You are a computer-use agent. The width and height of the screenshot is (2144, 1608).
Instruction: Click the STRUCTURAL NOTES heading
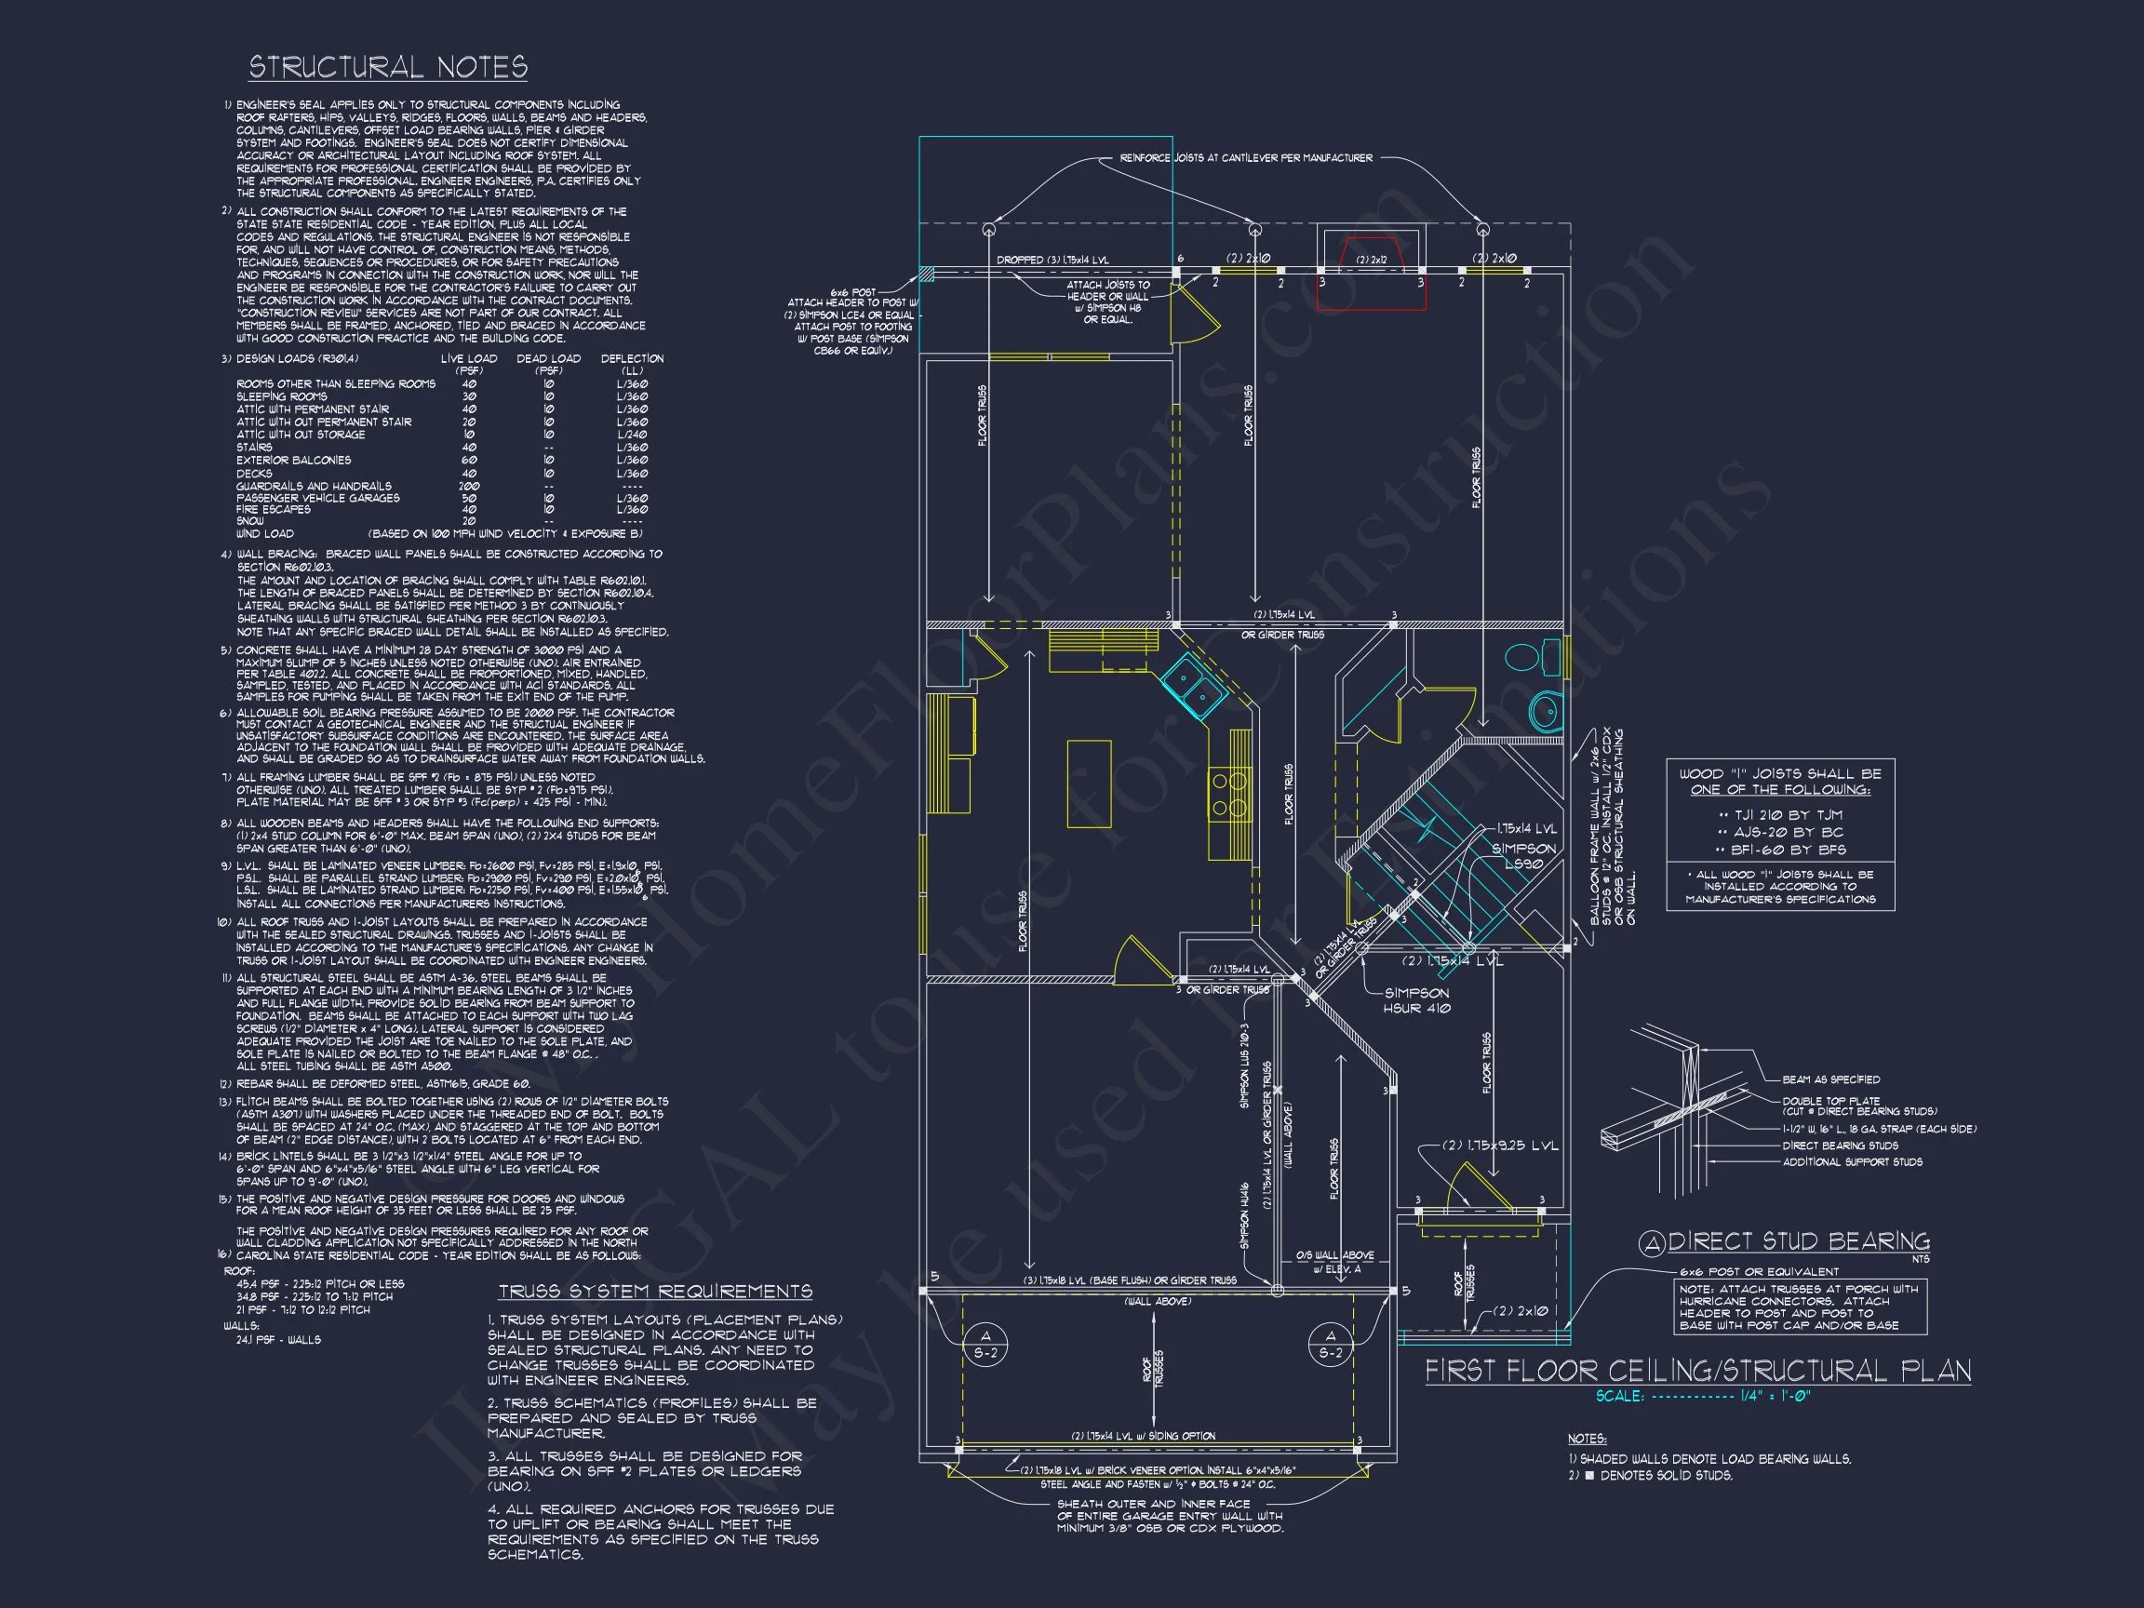click(x=388, y=67)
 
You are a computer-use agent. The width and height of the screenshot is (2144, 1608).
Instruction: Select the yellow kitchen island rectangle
click(x=1089, y=784)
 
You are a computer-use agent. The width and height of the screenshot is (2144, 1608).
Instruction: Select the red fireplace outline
click(x=1371, y=275)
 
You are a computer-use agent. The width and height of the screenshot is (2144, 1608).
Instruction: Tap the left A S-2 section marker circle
click(x=985, y=1344)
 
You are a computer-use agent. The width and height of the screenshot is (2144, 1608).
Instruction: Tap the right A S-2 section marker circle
click(x=1331, y=1344)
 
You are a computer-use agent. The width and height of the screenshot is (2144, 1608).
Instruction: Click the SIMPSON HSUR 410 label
click(x=1416, y=1000)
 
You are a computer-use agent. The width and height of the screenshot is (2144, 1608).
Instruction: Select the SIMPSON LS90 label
click(x=1522, y=856)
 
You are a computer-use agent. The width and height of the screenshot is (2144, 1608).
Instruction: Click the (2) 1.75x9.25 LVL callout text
click(x=1500, y=1146)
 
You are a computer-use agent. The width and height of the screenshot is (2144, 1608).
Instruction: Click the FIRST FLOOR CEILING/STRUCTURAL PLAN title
click(x=1697, y=1371)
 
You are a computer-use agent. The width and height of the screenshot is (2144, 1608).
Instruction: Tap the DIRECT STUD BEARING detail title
click(x=1797, y=1241)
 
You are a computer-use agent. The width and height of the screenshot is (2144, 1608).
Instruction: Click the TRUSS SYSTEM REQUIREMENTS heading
click(x=655, y=1291)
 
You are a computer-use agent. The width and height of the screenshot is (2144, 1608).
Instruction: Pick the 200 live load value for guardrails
click(x=470, y=487)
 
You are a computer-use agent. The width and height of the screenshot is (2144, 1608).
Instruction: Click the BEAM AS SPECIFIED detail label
click(x=1831, y=1079)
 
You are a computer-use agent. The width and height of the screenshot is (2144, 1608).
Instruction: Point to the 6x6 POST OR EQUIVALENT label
click(x=1758, y=1272)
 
